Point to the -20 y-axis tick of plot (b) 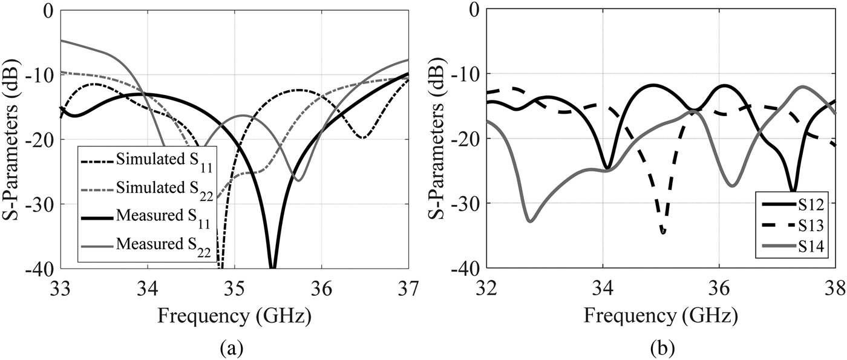point(466,139)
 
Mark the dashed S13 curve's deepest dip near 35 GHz point(663,231)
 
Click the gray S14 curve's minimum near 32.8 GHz point(530,221)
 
